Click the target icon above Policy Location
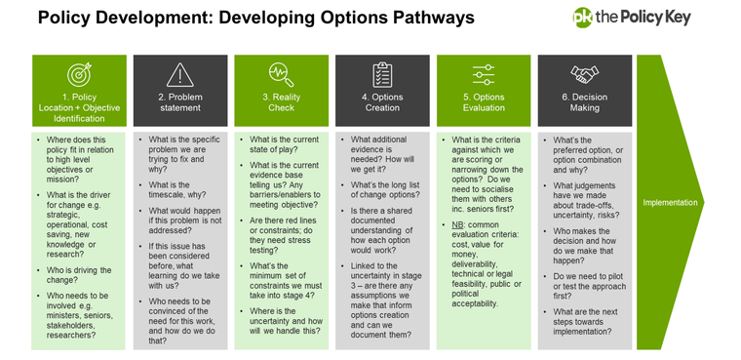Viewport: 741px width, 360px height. click(x=78, y=74)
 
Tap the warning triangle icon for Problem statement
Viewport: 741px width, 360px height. click(x=179, y=74)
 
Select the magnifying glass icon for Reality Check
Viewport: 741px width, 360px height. click(x=281, y=74)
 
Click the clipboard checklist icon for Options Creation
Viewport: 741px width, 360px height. click(x=382, y=74)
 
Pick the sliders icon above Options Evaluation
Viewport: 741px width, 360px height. click(x=484, y=74)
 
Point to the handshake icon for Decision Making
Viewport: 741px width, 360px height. click(x=585, y=74)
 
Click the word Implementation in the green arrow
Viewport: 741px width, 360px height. click(x=671, y=203)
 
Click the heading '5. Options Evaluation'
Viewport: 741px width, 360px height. click(x=484, y=103)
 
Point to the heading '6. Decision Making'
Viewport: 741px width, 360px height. click(x=585, y=103)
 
